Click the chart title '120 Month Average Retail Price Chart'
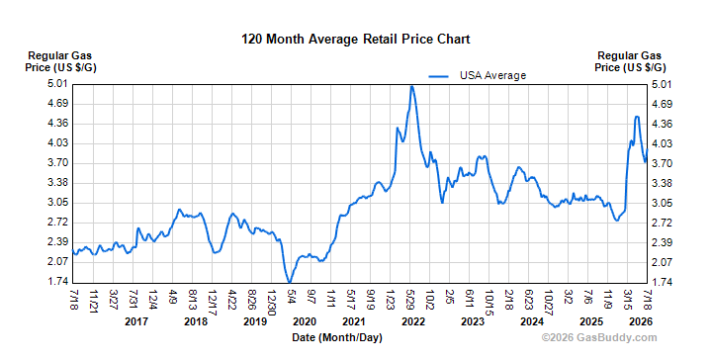(x=356, y=39)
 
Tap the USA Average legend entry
(x=478, y=75)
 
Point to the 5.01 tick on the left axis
(x=57, y=84)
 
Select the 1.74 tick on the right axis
(x=662, y=282)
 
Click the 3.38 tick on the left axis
(x=57, y=183)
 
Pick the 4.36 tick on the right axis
(x=662, y=124)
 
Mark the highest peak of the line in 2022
(x=411, y=86)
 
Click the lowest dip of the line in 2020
(x=290, y=282)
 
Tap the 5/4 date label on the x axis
(x=292, y=298)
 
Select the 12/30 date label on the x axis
(x=272, y=303)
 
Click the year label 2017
(x=136, y=321)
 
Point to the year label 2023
(x=473, y=321)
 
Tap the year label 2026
(x=641, y=321)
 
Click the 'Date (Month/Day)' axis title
(x=337, y=338)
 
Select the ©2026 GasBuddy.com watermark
(x=599, y=338)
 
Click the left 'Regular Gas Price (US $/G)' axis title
(x=60, y=61)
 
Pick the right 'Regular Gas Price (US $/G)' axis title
(x=630, y=61)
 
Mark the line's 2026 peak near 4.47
(x=637, y=117)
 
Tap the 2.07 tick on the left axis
(x=57, y=262)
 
